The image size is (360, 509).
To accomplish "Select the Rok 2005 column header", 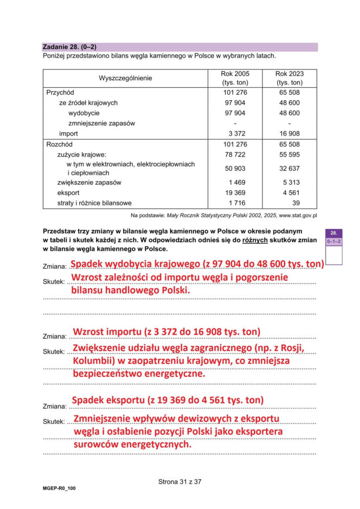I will (235, 78).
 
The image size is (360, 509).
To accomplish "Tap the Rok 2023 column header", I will (289, 78).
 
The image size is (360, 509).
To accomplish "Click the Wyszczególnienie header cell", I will (125, 78).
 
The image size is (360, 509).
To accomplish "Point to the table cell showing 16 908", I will (290, 133).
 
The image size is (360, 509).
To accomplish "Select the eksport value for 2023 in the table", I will (291, 192).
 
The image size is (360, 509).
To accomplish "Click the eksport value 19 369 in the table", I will (235, 192).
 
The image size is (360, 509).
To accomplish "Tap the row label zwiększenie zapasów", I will (89, 182).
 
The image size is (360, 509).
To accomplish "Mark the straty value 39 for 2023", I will (295, 203).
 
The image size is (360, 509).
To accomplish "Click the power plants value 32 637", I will (290, 168).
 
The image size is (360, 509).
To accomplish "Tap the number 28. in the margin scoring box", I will (334, 233).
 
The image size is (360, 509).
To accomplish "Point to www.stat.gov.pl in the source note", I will (298, 215).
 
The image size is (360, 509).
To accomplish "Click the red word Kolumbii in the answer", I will (93, 360).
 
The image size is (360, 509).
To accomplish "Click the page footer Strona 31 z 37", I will (180, 481).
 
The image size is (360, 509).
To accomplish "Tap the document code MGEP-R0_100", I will (59, 488).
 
